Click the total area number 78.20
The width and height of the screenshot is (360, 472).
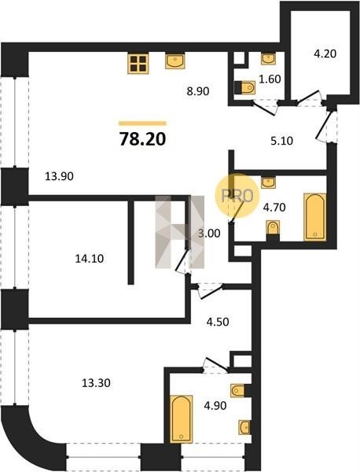142,139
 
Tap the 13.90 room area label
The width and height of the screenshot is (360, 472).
59,176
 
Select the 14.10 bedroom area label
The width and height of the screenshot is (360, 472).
90,258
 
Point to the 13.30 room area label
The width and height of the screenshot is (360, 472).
96,383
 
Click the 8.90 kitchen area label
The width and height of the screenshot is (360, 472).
198,91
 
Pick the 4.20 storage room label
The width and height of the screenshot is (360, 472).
325,53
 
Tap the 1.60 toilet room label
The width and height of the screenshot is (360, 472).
270,79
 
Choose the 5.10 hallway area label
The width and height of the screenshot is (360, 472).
282,141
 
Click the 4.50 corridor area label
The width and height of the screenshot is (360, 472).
218,322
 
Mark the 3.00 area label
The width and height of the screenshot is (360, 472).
209,234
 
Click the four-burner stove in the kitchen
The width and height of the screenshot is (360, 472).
138,64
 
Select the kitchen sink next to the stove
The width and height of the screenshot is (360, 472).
175,61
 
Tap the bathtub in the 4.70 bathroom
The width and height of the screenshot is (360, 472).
315,217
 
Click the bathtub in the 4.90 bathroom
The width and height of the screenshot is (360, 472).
181,419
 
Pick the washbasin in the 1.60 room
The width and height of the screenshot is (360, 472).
268,59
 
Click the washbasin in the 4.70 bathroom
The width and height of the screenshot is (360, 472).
268,183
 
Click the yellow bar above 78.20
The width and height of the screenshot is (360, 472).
142,124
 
